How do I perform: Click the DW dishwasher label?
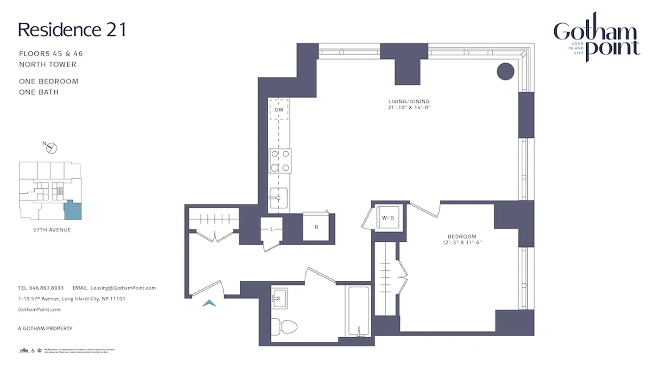tap(279, 110)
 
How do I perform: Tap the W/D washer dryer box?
tap(387, 217)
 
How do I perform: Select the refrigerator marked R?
tap(316, 227)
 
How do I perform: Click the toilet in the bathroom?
tap(283, 327)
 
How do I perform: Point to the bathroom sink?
tap(279, 297)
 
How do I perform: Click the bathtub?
tap(358, 311)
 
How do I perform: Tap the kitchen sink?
tap(278, 197)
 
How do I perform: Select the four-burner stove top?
tap(280, 161)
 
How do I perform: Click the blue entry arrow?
tap(210, 303)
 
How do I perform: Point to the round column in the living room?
tap(505, 72)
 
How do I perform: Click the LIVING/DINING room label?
tap(409, 102)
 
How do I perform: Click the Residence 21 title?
tap(72, 30)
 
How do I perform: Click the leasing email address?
tap(123, 288)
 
